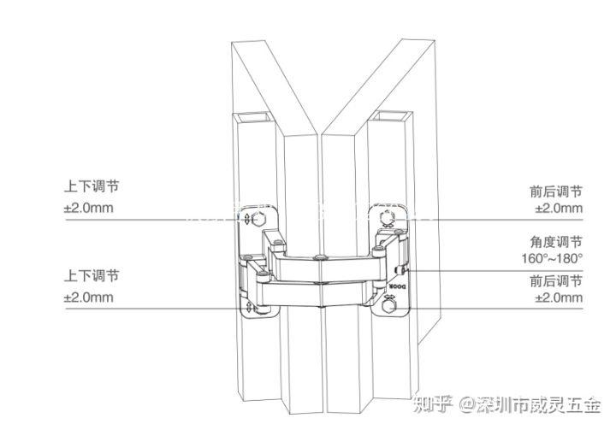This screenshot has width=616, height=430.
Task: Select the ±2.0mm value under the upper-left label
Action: [x=88, y=208]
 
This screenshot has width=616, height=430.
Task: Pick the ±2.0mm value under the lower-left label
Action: [x=88, y=297]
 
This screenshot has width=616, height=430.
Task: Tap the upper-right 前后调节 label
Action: [x=556, y=191]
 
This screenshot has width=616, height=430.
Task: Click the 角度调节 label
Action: [x=556, y=242]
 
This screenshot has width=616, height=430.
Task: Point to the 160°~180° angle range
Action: [x=552, y=258]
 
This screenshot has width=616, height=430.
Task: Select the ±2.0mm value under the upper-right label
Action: [x=559, y=209]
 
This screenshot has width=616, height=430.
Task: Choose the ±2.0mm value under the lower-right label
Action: [x=559, y=297]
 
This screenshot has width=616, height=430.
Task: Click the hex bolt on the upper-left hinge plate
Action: [x=260, y=219]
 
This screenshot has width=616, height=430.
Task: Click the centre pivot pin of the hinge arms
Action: [x=319, y=258]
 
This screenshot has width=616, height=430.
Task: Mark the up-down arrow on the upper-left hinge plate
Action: [x=248, y=220]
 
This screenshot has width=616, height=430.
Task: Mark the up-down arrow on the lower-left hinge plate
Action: [x=250, y=306]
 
